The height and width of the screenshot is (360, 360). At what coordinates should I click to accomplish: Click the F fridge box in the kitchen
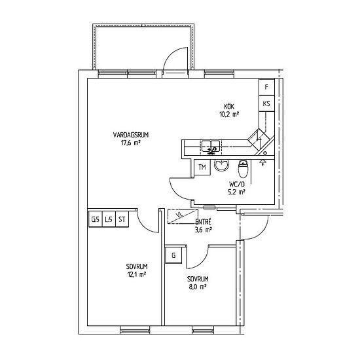(266, 87)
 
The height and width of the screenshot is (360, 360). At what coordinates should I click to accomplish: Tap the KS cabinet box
(266, 103)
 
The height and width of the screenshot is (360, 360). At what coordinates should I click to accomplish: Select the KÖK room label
(229, 107)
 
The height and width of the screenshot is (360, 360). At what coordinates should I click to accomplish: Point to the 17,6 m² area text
(131, 143)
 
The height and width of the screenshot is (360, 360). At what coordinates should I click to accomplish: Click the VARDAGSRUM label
(131, 135)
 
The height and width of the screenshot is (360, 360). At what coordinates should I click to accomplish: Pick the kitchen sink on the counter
(211, 147)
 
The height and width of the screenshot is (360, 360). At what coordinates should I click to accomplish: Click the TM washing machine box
(202, 168)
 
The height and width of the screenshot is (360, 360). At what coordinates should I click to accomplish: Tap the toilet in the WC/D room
(243, 169)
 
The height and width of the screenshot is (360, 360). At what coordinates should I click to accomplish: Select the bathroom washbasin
(222, 165)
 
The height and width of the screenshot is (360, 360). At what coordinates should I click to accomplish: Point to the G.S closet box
(96, 219)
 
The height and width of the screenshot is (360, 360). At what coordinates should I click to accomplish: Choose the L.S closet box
(109, 219)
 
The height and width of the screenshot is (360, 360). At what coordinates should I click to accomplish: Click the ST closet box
(122, 219)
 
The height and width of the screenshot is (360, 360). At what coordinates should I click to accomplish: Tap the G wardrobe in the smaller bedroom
(174, 255)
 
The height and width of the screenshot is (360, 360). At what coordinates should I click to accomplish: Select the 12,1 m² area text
(137, 274)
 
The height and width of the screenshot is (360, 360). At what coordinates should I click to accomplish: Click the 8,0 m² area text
(198, 287)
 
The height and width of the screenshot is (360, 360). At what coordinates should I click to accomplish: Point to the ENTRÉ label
(203, 222)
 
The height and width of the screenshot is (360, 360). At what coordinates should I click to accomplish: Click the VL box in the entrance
(183, 216)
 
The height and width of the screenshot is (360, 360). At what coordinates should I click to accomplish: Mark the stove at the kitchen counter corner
(259, 139)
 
